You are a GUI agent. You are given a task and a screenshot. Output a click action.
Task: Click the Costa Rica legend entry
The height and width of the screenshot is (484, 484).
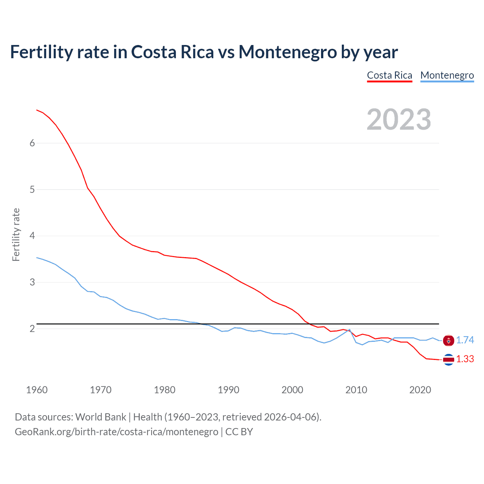point(389,75)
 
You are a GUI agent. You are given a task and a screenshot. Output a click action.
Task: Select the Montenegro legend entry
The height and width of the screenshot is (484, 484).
point(447,75)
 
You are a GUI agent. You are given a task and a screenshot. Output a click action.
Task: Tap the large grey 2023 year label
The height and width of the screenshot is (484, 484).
point(399,119)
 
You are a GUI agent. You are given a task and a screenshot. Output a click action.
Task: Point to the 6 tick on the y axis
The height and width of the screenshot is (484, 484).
point(32,143)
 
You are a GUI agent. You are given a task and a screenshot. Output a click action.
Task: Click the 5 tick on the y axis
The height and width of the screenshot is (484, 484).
point(32,189)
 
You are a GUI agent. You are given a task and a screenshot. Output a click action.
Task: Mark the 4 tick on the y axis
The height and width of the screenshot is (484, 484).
point(32,236)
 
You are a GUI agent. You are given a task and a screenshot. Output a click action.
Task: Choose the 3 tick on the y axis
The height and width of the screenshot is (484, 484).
point(32,282)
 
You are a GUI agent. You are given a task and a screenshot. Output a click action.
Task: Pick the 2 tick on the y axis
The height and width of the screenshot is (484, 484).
point(32,329)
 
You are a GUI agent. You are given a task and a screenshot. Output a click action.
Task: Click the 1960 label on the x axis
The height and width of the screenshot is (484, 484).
point(37,390)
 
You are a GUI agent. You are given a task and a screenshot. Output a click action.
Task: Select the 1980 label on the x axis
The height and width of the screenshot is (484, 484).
point(164,390)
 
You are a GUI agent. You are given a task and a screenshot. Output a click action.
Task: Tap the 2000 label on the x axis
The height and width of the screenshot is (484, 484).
point(292,390)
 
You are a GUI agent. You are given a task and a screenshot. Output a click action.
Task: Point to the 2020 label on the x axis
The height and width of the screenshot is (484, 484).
point(420,390)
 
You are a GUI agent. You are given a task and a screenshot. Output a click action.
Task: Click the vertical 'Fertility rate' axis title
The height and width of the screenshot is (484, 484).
point(16,235)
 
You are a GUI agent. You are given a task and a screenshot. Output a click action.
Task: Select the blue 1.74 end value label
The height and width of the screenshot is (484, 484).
point(465,340)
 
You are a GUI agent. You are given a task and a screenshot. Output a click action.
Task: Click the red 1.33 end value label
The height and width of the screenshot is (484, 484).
point(465,359)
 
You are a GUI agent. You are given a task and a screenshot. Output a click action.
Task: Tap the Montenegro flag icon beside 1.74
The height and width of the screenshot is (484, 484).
point(448,341)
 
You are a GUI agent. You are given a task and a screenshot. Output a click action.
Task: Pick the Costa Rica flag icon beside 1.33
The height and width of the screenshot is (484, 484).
point(448,360)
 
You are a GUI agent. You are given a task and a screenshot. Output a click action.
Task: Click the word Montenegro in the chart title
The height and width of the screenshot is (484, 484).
point(287,52)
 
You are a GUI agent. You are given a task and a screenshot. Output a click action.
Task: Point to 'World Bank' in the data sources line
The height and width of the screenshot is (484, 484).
point(101,417)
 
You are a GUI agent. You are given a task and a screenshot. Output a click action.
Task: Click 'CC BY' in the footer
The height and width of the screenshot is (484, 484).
point(239,432)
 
